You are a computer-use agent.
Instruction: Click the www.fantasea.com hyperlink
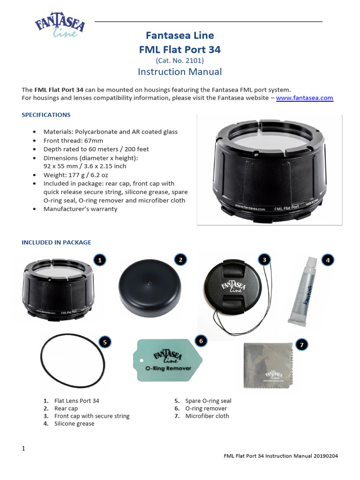pos(304,98)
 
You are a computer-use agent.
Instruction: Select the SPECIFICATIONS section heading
pos(46,115)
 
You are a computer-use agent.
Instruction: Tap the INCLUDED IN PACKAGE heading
pos(56,242)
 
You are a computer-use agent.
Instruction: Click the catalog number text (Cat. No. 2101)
pos(180,60)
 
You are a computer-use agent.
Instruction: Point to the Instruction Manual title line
pos(180,72)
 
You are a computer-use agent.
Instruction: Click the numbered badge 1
pos(99,260)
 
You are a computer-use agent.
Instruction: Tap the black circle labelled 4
pos(328,260)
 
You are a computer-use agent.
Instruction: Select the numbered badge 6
pos(201,341)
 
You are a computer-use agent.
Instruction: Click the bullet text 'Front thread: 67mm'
pos(73,141)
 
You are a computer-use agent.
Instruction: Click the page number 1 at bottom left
pos(23,449)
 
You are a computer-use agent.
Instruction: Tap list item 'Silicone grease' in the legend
pos(74,424)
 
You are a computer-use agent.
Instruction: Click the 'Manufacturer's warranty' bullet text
pos(80,209)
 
